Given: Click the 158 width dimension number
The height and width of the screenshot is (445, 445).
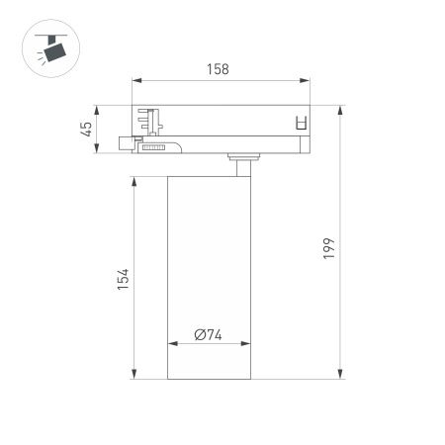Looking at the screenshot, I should (x=219, y=69).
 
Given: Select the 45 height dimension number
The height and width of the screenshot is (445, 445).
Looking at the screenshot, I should (x=87, y=128).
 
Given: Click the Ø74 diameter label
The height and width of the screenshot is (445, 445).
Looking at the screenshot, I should (x=208, y=334).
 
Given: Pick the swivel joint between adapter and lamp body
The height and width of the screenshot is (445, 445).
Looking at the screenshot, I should (x=241, y=159).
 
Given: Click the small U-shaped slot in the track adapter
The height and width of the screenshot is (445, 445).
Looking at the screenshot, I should (x=302, y=124).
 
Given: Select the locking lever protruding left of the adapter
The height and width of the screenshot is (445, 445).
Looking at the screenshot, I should (x=126, y=143).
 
